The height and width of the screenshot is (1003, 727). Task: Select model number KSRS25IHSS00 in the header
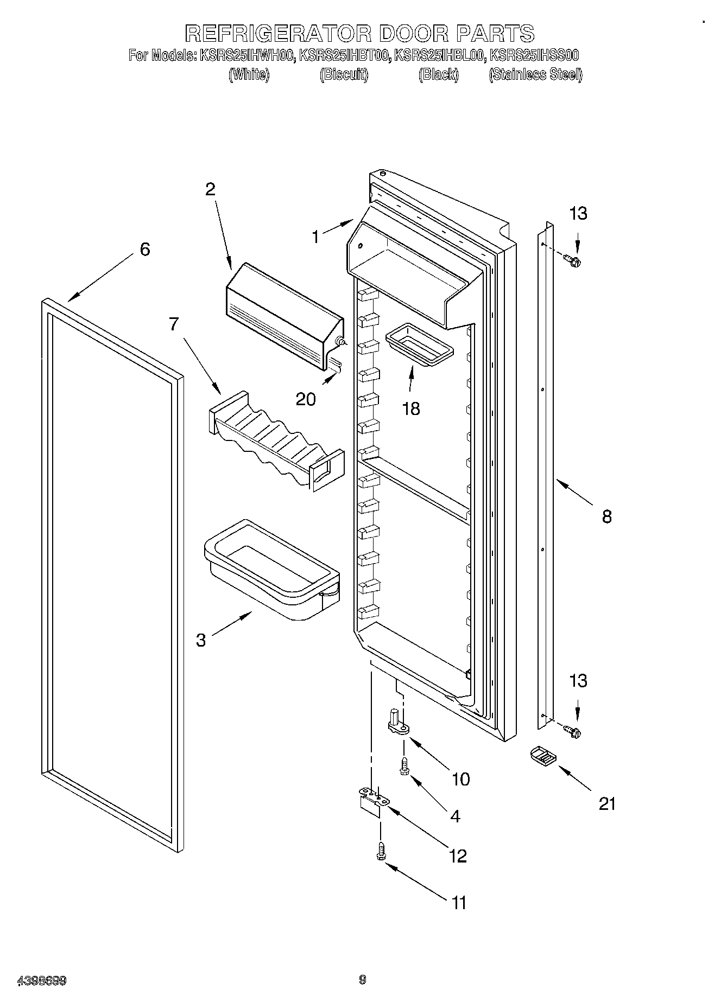pyautogui.click(x=534, y=55)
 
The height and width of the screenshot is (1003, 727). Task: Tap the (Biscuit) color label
pyautogui.click(x=344, y=75)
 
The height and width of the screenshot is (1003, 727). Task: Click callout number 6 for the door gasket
pyautogui.click(x=144, y=250)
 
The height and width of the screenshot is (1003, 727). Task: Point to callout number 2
pyautogui.click(x=210, y=189)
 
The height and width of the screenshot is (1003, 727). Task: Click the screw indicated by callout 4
pyautogui.click(x=404, y=766)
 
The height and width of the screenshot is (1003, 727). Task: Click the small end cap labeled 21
pyautogui.click(x=541, y=756)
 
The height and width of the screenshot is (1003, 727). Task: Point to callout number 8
pyautogui.click(x=606, y=516)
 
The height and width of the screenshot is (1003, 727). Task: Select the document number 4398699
pyautogui.click(x=42, y=980)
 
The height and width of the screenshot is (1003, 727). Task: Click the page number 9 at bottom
pyautogui.click(x=363, y=980)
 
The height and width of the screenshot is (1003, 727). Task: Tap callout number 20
pyautogui.click(x=306, y=399)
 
